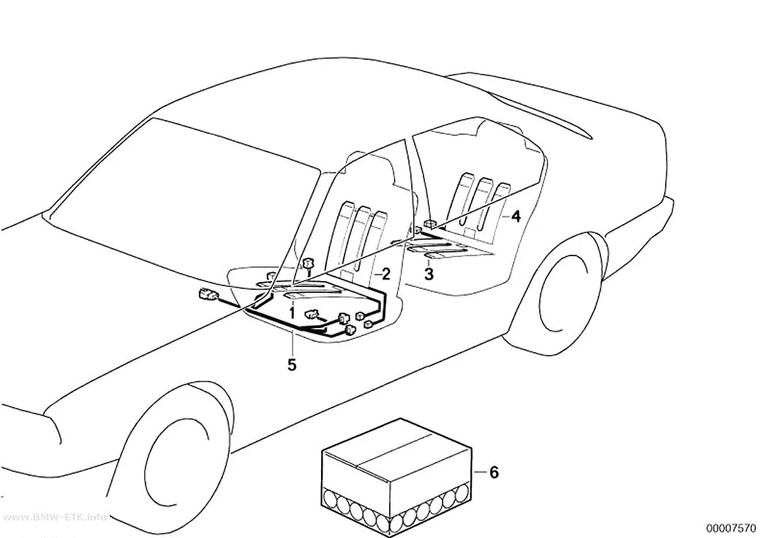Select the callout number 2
click(x=386, y=274)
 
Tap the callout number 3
click(x=429, y=274)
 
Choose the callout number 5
click(x=292, y=365)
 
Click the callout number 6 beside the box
click(x=494, y=472)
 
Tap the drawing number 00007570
click(x=731, y=528)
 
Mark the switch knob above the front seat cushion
click(x=308, y=265)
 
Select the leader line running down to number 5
click(x=293, y=343)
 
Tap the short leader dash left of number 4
click(x=505, y=216)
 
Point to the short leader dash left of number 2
click(x=377, y=275)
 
